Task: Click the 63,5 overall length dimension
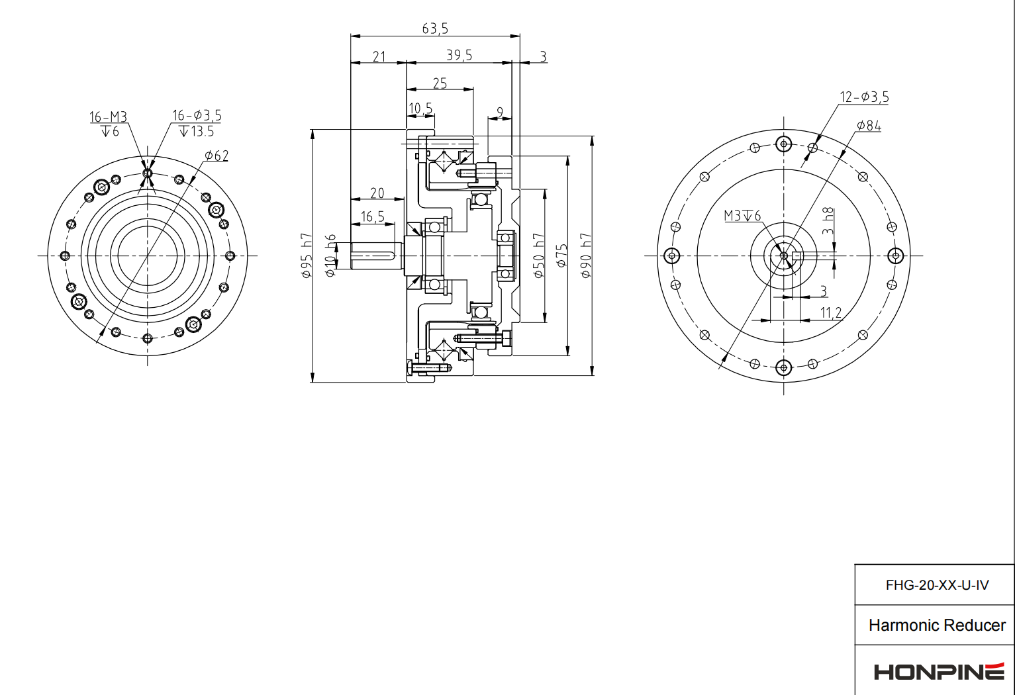pyautogui.click(x=435, y=28)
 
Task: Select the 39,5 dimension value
pyautogui.click(x=459, y=55)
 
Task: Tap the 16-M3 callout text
pyautogui.click(x=109, y=117)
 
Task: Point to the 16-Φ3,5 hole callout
pyautogui.click(x=197, y=116)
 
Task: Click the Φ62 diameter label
pyautogui.click(x=217, y=156)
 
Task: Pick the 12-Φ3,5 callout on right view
pyautogui.click(x=864, y=97)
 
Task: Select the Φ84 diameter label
pyautogui.click(x=869, y=126)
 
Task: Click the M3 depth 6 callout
pyautogui.click(x=742, y=216)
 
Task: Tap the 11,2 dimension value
pyautogui.click(x=831, y=312)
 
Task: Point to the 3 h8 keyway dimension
pyautogui.click(x=828, y=222)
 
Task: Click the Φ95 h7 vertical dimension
pyautogui.click(x=307, y=255)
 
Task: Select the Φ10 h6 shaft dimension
pyautogui.click(x=330, y=255)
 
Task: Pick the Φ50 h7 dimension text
pyautogui.click(x=539, y=255)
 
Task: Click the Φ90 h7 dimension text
pyautogui.click(x=586, y=255)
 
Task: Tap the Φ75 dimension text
pyautogui.click(x=562, y=255)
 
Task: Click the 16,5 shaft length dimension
pyautogui.click(x=373, y=217)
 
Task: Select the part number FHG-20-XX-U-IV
pyautogui.click(x=937, y=585)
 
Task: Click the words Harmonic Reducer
pyautogui.click(x=937, y=625)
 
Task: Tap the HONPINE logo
pyautogui.click(x=938, y=671)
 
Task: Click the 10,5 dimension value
pyautogui.click(x=420, y=109)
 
